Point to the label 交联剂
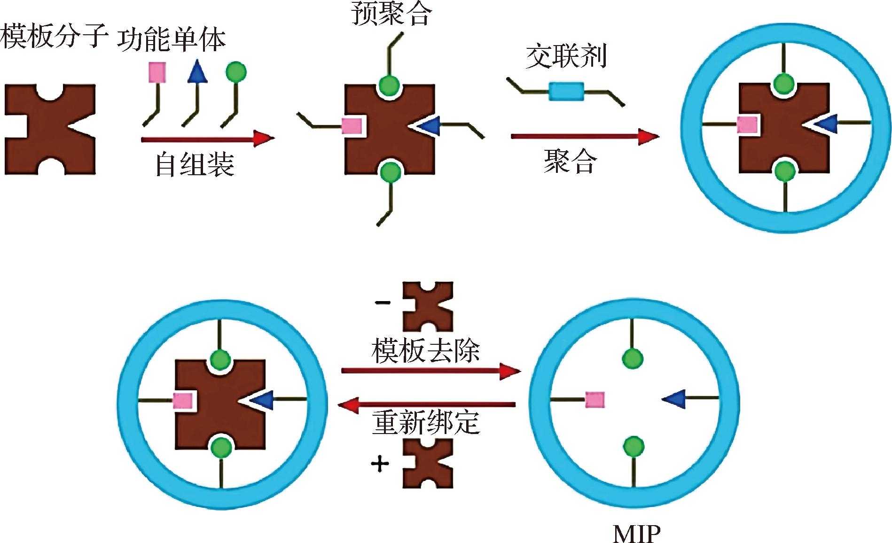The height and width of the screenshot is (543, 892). pyautogui.click(x=566, y=56)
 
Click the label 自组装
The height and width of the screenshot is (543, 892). pyautogui.click(x=195, y=164)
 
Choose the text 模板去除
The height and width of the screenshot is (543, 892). pyautogui.click(x=426, y=350)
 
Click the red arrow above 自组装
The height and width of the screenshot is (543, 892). pyautogui.click(x=208, y=139)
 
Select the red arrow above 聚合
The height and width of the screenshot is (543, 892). pyautogui.click(x=585, y=136)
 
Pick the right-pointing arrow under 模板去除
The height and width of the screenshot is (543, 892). pyautogui.click(x=430, y=371)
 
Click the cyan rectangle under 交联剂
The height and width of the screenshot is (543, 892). pyautogui.click(x=566, y=91)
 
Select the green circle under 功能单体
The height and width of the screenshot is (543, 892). pyautogui.click(x=236, y=72)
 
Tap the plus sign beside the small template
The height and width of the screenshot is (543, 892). pyautogui.click(x=380, y=465)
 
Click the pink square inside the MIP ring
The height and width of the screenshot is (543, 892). pyautogui.click(x=595, y=400)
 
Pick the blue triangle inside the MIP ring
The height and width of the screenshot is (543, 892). pyautogui.click(x=673, y=399)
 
